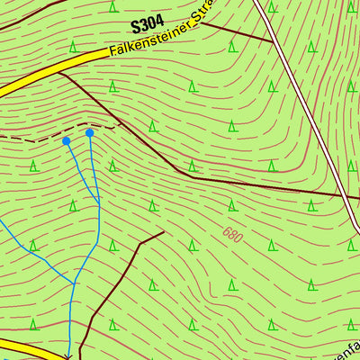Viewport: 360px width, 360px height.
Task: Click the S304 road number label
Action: point(148,27)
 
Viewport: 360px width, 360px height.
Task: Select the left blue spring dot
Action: point(66,140)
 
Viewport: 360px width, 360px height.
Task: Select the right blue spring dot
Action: point(89,133)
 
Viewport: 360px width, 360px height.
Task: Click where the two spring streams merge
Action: point(98,206)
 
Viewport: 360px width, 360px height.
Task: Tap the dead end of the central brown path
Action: point(164,232)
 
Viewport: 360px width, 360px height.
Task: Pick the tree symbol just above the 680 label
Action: point(232,205)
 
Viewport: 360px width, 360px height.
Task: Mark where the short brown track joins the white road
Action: point(273,43)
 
